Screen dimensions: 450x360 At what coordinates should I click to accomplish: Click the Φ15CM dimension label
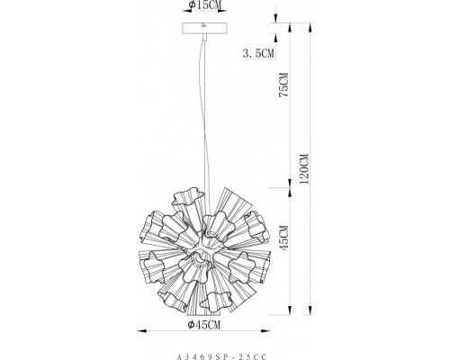pos(205,4)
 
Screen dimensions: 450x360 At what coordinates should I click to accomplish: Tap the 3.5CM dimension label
pos(258,53)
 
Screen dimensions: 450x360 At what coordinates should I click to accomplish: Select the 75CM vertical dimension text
pos(283,85)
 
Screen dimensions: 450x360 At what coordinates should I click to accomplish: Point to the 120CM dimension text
pos(304,168)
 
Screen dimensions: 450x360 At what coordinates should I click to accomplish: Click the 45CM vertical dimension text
pos(283,238)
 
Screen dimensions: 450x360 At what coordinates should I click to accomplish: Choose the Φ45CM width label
pos(204,325)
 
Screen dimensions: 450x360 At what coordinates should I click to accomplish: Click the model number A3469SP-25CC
pos(221,357)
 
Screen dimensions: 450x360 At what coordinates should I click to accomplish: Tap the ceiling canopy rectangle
pos(205,28)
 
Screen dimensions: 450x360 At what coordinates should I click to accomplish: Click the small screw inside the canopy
pos(204,25)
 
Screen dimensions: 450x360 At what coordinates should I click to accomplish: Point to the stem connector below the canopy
pos(205,37)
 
